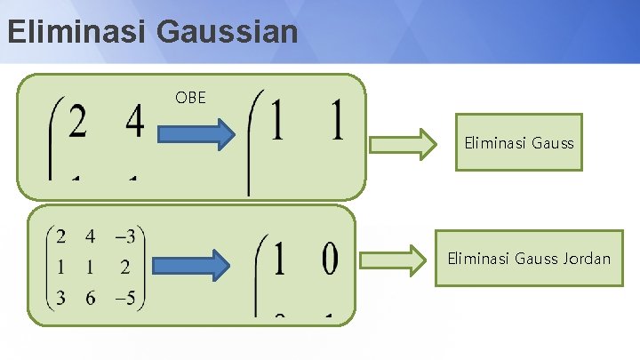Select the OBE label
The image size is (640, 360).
190,97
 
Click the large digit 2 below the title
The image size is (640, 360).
77,122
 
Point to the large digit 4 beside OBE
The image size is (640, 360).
134,122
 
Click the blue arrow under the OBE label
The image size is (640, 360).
196,135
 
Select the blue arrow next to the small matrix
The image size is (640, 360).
192,265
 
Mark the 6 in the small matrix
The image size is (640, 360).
91,298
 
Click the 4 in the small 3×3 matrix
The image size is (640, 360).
91,237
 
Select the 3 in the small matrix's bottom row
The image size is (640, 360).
60,298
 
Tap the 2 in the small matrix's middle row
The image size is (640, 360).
124,268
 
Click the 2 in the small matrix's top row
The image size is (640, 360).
60,237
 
